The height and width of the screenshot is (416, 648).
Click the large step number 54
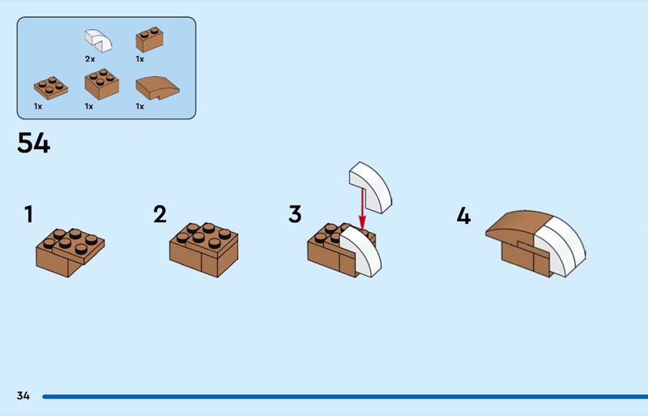click(33, 144)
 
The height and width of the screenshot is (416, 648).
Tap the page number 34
click(23, 396)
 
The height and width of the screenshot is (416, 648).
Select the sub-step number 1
click(28, 214)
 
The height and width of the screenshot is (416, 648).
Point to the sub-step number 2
click(160, 214)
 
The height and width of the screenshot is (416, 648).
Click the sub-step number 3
click(295, 214)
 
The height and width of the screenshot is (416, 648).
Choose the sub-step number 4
click(463, 216)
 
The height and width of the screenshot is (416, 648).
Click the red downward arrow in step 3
click(362, 209)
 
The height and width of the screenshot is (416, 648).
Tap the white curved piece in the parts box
click(98, 41)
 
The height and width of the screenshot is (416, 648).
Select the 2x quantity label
click(90, 59)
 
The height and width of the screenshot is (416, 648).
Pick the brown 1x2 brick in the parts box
click(150, 39)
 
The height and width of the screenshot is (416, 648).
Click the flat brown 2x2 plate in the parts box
click(51, 88)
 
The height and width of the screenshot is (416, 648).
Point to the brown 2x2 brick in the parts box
click(102, 84)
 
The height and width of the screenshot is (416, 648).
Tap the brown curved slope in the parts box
click(157, 88)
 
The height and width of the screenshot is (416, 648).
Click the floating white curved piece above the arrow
click(370, 187)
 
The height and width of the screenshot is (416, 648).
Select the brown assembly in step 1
click(70, 252)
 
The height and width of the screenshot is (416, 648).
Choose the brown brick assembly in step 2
click(204, 250)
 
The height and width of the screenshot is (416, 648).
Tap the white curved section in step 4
click(561, 247)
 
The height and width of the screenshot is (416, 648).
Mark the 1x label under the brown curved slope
click(140, 107)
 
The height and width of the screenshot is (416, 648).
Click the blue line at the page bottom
click(345, 397)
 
